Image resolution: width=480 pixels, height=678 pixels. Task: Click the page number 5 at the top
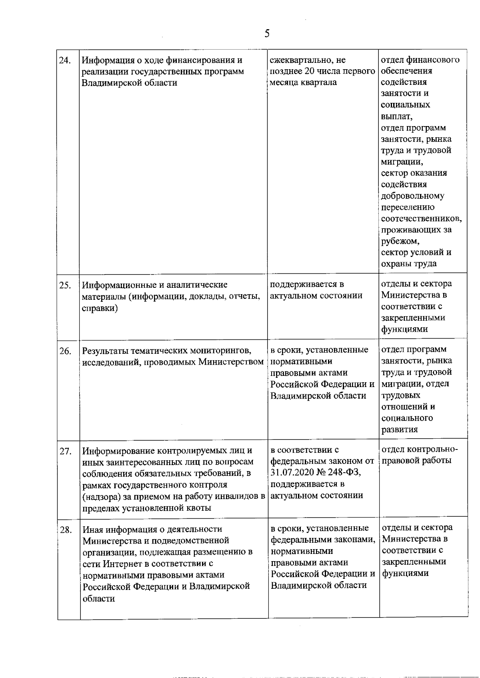click(x=267, y=33)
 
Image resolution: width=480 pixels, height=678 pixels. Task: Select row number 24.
click(x=65, y=60)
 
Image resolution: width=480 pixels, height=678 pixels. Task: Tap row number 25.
click(x=65, y=285)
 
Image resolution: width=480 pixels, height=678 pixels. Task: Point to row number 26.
click(x=65, y=351)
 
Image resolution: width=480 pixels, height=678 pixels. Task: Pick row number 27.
click(x=65, y=451)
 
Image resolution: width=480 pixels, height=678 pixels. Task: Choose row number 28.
click(x=65, y=530)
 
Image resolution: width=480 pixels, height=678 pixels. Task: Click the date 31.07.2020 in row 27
click(x=290, y=473)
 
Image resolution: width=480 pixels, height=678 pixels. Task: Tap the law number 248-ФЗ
click(x=344, y=473)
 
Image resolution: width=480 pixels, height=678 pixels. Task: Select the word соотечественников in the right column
click(x=421, y=219)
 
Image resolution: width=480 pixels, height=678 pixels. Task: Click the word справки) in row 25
click(x=100, y=309)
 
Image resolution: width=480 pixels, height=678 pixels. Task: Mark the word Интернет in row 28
click(x=122, y=564)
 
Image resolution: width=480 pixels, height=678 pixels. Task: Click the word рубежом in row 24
click(x=400, y=241)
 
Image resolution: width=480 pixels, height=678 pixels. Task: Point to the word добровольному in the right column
click(x=412, y=196)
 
